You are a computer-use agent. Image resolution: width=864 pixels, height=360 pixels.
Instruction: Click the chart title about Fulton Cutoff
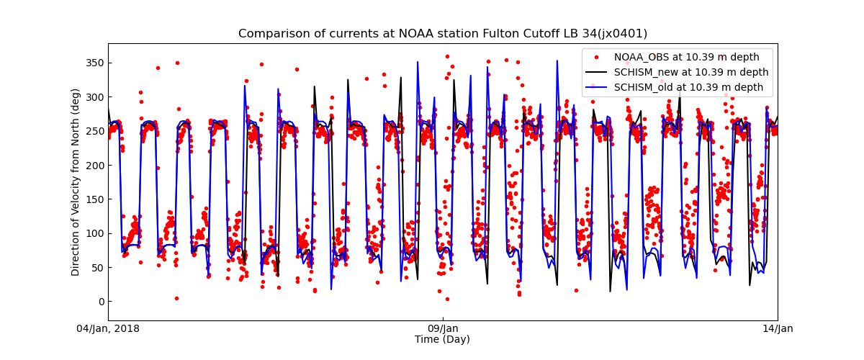[442, 34]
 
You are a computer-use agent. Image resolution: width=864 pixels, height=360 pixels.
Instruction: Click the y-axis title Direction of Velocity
[76, 182]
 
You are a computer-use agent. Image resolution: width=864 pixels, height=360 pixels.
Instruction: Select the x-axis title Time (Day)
[442, 340]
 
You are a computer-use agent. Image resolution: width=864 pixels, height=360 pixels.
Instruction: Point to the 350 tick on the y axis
[95, 63]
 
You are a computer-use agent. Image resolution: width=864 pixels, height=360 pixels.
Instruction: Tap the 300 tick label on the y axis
[95, 97]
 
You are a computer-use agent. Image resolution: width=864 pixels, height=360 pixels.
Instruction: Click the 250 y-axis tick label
[95, 131]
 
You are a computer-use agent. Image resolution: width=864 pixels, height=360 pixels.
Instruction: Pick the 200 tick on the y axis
[95, 166]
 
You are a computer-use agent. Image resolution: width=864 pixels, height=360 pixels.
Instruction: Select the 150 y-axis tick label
[95, 199]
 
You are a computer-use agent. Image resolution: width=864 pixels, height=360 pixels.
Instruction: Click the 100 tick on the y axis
[95, 233]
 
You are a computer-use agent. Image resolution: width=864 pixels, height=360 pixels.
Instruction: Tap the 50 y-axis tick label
[98, 268]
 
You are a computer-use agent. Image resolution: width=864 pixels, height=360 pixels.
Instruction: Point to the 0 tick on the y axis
[101, 302]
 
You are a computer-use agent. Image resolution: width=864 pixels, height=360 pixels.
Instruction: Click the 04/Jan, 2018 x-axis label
[108, 329]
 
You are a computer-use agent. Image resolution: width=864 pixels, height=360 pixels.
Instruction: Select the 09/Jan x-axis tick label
[443, 329]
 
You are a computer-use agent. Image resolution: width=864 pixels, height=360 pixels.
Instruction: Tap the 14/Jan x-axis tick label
[778, 329]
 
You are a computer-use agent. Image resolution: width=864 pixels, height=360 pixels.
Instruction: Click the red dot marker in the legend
[598, 57]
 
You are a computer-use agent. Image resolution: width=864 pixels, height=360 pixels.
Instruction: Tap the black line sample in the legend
[598, 72]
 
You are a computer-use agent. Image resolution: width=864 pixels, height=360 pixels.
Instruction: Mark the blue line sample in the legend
[598, 87]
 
